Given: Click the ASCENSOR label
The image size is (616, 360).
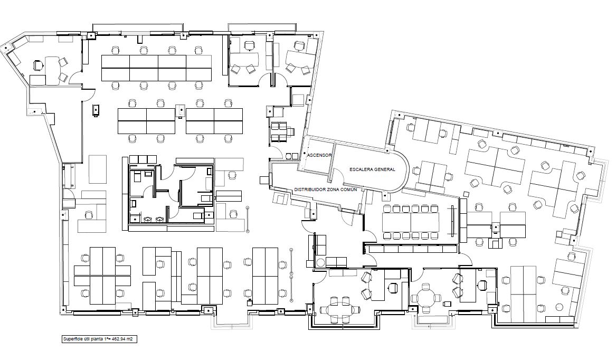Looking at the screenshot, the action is (x=319, y=155).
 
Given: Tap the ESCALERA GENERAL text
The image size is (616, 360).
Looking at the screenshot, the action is (x=372, y=169).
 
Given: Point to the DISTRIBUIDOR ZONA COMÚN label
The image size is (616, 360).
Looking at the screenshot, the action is (x=326, y=190).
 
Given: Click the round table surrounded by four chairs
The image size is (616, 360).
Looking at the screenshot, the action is (x=425, y=295).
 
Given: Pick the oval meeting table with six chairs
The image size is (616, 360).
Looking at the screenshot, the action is (x=340, y=310).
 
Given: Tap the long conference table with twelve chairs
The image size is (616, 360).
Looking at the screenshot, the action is (x=411, y=222).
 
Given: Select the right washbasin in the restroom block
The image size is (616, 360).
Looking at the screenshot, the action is (x=160, y=219).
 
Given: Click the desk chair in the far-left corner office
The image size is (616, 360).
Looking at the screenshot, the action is (x=37, y=65).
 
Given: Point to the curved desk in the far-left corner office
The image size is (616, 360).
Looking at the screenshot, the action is (x=52, y=68).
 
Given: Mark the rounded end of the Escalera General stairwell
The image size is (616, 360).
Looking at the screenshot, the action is (x=405, y=171).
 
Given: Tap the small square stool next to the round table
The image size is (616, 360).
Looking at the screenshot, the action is (x=447, y=304).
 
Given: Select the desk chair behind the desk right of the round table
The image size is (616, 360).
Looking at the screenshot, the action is (x=482, y=284).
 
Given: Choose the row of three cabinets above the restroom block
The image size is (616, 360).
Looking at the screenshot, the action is (x=143, y=159).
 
